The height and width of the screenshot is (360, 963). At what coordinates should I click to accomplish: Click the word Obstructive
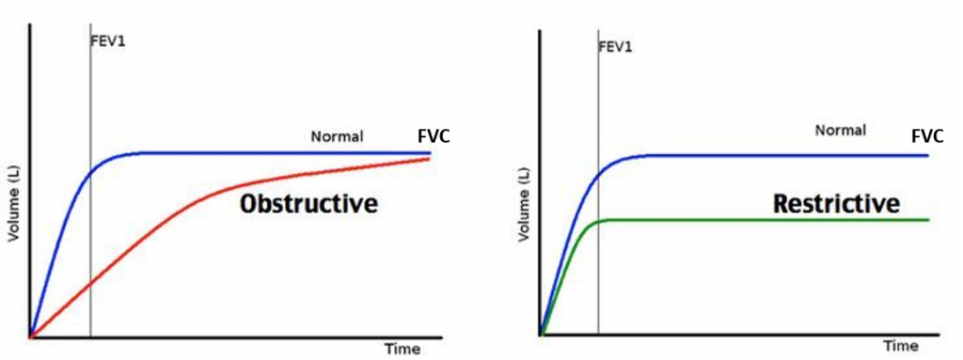click(308, 203)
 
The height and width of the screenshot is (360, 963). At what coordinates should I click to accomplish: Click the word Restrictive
click(836, 203)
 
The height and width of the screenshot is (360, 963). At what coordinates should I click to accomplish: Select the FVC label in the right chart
click(928, 136)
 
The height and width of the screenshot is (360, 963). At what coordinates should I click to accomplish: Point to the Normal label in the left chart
click(337, 137)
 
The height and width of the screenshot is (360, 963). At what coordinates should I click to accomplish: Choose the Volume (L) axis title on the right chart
click(524, 203)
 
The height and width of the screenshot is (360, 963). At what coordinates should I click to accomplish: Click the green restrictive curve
click(752, 220)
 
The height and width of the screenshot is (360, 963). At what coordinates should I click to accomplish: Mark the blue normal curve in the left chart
click(282, 152)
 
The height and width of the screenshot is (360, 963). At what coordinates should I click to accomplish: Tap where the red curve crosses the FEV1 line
click(90, 282)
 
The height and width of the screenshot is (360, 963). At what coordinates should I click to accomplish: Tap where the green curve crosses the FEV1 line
click(598, 222)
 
